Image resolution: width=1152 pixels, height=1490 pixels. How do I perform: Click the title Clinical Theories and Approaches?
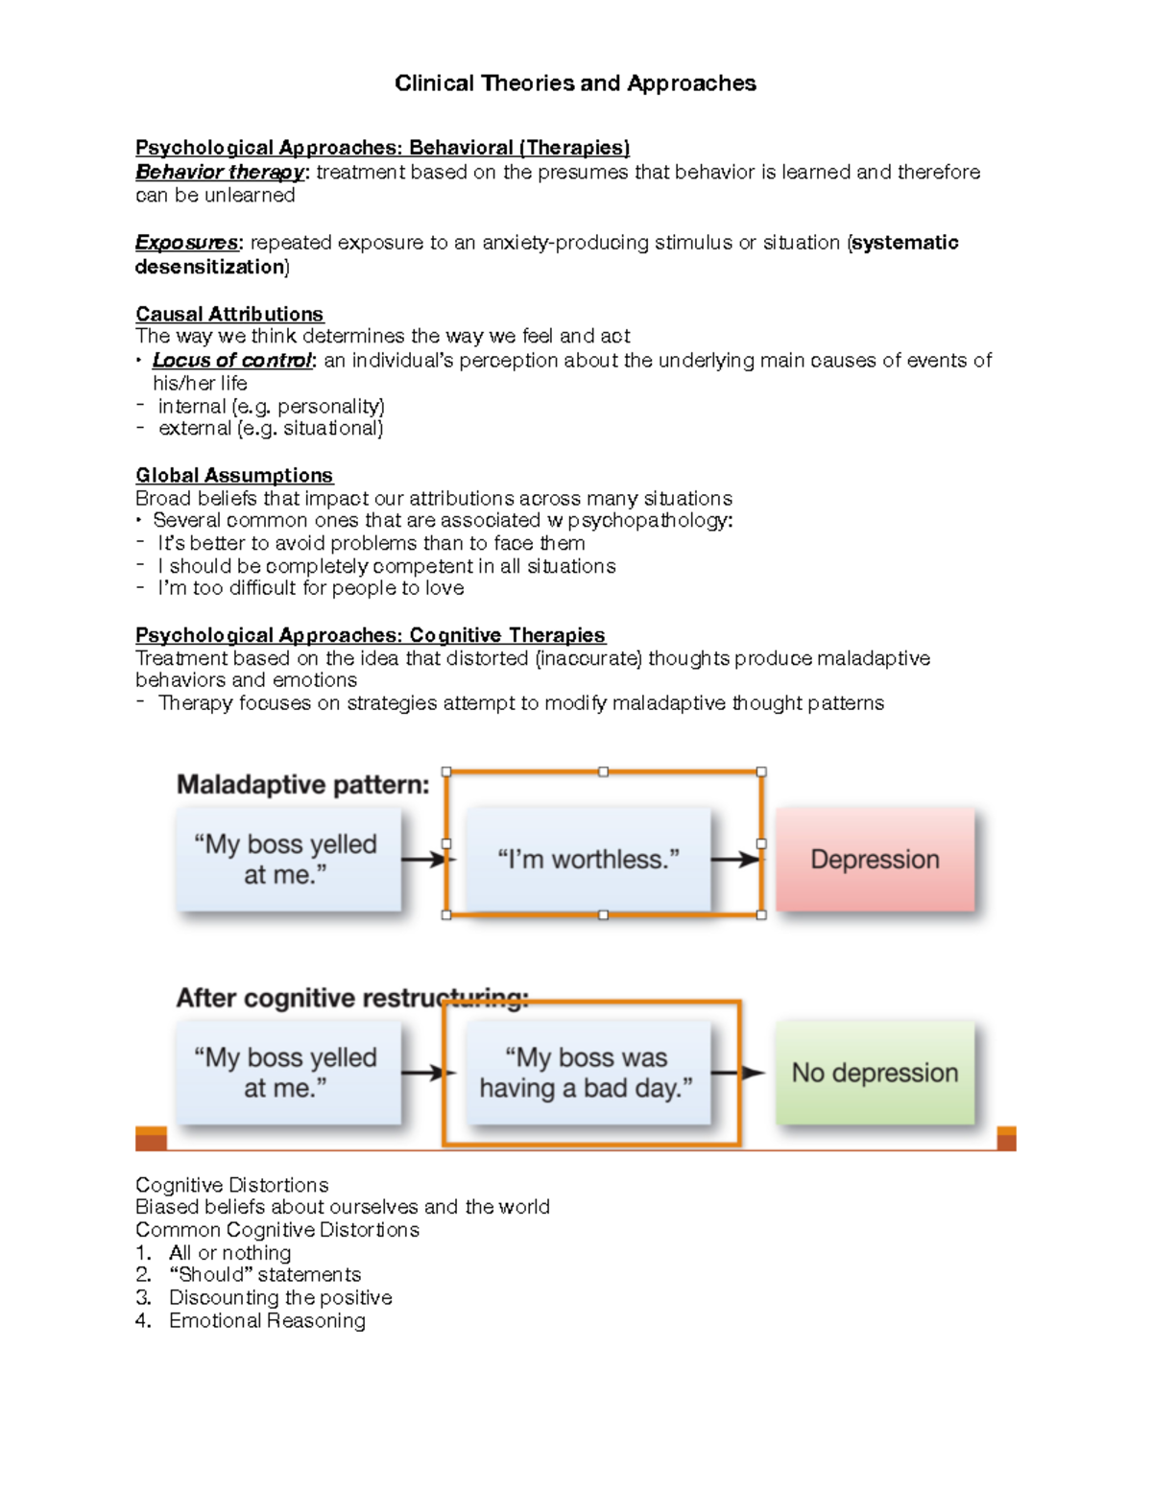(x=575, y=83)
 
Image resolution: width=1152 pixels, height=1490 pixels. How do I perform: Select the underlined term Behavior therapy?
(x=219, y=173)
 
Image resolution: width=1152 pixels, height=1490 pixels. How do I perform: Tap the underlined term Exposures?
(x=186, y=243)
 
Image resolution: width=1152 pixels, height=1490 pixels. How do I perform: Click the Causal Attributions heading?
(x=229, y=315)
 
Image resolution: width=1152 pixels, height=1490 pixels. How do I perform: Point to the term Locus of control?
(x=232, y=361)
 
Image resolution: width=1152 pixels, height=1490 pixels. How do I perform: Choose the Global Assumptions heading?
(x=234, y=476)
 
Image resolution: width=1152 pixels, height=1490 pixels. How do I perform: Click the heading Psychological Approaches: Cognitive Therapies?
(x=370, y=635)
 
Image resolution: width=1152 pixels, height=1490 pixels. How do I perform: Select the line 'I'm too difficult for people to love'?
(x=310, y=588)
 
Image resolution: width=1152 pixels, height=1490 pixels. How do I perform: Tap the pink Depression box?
(x=875, y=860)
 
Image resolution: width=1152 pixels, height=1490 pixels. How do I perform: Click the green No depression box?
(x=875, y=1073)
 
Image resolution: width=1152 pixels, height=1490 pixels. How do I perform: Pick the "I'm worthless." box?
(x=588, y=860)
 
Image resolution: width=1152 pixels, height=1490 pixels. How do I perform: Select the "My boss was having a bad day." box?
(x=587, y=1073)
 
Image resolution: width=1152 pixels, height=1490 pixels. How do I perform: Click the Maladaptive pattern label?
(x=302, y=785)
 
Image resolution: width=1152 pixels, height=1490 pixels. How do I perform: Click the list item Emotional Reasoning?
(x=267, y=1321)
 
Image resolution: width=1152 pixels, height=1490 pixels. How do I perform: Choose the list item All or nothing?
(x=229, y=1253)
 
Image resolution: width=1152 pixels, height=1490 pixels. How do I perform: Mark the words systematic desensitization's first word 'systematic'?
(x=905, y=243)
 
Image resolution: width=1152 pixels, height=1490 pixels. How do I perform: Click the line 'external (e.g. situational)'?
(x=270, y=429)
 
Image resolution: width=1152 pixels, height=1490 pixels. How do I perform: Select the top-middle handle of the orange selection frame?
(x=603, y=771)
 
